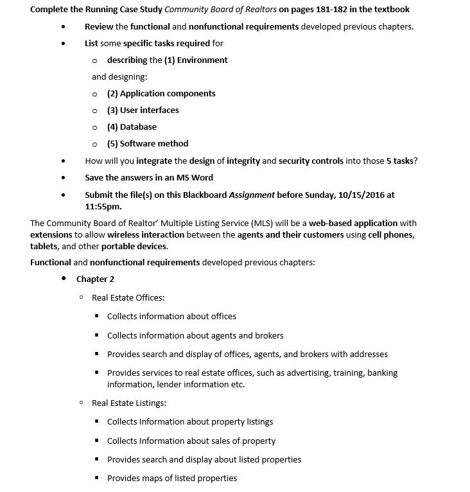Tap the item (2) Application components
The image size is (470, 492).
click(x=161, y=94)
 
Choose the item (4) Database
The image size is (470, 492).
click(x=132, y=127)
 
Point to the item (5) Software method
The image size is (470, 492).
click(x=148, y=144)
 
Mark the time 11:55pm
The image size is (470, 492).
click(x=103, y=207)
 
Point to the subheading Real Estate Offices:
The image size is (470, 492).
click(x=128, y=298)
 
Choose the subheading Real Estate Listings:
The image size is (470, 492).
click(x=129, y=403)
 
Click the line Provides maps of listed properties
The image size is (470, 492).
click(x=171, y=479)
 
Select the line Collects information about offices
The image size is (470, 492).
click(x=171, y=317)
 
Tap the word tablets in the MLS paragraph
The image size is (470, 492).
click(x=43, y=247)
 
